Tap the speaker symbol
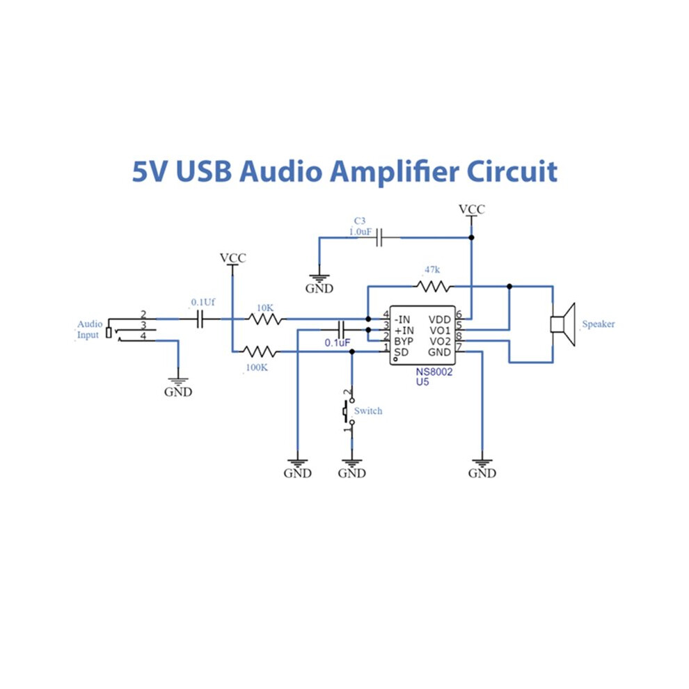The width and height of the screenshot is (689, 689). point(563,324)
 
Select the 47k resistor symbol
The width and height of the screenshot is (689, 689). point(434,287)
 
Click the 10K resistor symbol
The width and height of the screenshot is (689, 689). point(265,319)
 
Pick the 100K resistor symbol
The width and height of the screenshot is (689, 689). point(260,351)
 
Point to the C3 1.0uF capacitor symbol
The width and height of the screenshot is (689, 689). point(380,238)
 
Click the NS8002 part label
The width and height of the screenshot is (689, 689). point(434,372)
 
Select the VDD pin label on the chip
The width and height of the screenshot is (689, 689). point(439,319)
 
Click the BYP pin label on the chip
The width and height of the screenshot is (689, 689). point(404,342)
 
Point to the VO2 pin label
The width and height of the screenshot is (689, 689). point(440,342)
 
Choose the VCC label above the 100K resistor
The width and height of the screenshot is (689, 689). point(233,258)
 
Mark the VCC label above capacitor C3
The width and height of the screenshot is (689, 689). point(471,209)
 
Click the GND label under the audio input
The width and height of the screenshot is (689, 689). point(178,392)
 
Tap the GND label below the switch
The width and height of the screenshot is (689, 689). point(351,473)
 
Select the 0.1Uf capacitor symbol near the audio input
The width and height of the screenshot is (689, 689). point(200,319)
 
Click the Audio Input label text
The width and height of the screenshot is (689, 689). point(90,330)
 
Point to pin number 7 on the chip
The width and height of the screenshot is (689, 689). point(459,347)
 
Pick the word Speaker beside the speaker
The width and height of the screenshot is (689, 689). point(598,324)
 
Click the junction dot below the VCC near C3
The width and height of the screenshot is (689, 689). point(471,238)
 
